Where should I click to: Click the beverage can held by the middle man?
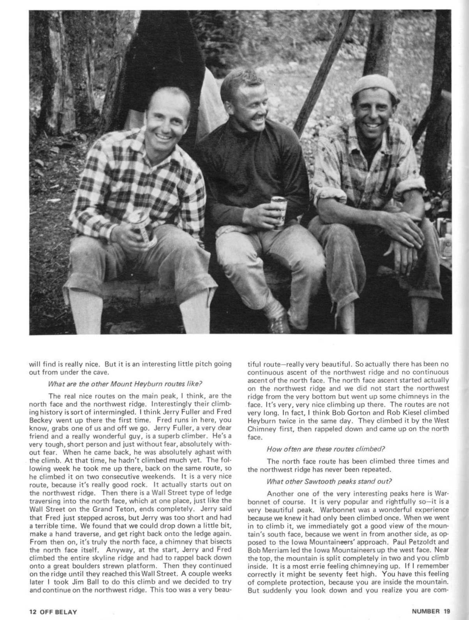279,212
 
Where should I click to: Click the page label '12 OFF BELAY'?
53,611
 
